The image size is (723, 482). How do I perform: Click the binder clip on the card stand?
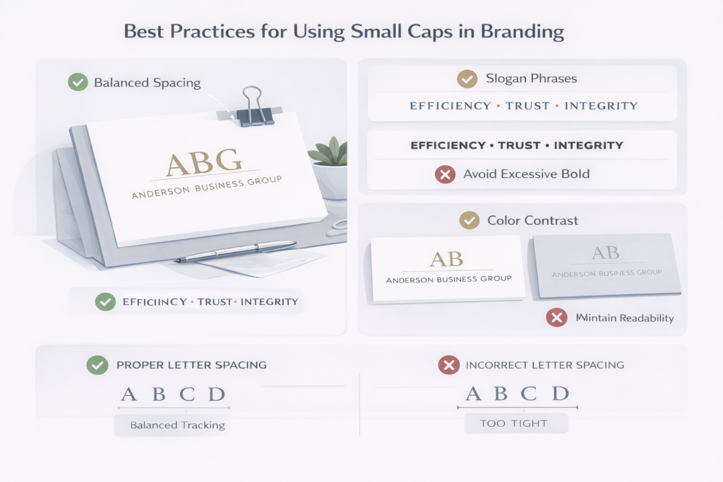pyautogui.click(x=255, y=107)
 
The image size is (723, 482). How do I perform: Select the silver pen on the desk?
pyautogui.click(x=236, y=251)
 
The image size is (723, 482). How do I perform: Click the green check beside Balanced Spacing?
pyautogui.click(x=78, y=83)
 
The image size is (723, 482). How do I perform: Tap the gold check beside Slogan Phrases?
pyautogui.click(x=467, y=79)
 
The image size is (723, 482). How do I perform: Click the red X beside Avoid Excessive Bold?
pyautogui.click(x=445, y=174)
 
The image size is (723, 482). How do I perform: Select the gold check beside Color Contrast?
pyautogui.click(x=469, y=220)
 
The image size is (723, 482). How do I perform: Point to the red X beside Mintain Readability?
pyautogui.click(x=557, y=318)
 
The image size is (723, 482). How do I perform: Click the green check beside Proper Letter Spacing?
pyautogui.click(x=96, y=365)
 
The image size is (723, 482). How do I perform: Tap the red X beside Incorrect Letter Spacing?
pyautogui.click(x=448, y=365)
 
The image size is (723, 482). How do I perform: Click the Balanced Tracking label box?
pyautogui.click(x=177, y=425)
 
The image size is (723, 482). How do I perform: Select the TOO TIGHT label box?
pyautogui.click(x=515, y=423)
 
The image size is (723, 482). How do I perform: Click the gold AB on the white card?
pyautogui.click(x=446, y=258)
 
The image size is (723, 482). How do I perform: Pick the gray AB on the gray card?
pyautogui.click(x=606, y=253)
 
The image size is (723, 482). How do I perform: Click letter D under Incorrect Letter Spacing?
pyautogui.click(x=560, y=394)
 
